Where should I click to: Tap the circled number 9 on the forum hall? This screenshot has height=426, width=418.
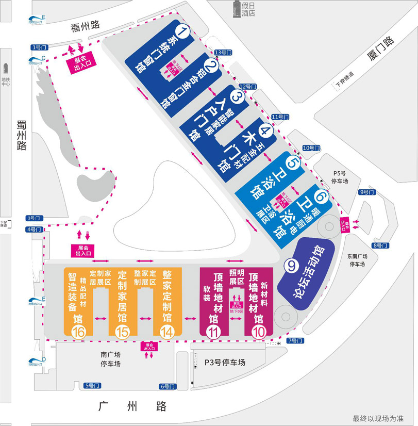[291, 266]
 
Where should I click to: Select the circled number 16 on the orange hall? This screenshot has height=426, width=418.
[79, 333]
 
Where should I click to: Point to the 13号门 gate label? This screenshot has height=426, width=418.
[223, 52]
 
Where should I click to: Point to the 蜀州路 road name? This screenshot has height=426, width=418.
[21, 135]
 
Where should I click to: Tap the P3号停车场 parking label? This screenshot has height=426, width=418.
[225, 363]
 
